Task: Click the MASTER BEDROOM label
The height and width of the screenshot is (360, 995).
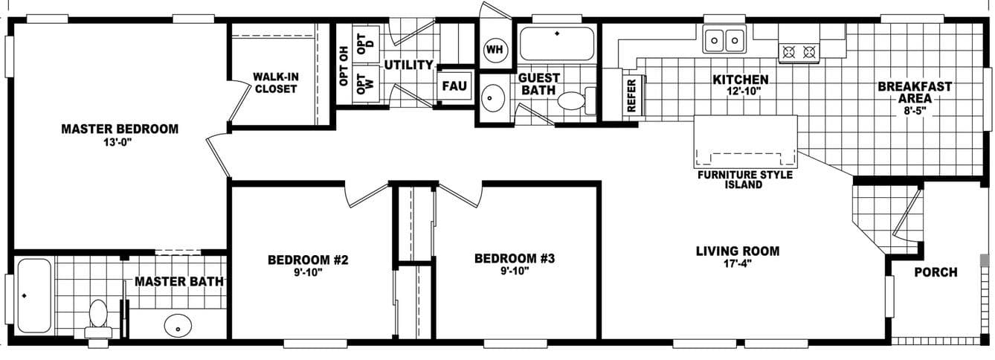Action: click(x=120, y=129)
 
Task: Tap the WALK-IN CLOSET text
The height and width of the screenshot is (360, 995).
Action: click(x=275, y=83)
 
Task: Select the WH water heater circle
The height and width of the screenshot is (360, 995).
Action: click(x=495, y=50)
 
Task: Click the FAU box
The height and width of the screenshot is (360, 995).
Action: click(x=454, y=86)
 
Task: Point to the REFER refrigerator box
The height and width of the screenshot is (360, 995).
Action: click(x=631, y=95)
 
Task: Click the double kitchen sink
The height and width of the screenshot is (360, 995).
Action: click(x=724, y=39)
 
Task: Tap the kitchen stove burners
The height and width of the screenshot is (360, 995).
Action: click(x=798, y=52)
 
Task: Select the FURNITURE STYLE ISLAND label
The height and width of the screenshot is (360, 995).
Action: click(x=744, y=179)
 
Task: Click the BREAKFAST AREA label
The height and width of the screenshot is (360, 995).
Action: click(x=915, y=92)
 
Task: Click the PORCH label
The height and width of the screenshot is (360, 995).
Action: click(x=936, y=272)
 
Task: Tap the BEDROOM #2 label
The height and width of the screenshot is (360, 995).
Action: click(x=308, y=260)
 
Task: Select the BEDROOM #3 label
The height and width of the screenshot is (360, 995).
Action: click(x=515, y=258)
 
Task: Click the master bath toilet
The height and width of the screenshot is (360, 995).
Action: click(x=99, y=318)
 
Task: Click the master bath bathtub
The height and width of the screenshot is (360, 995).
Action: click(x=33, y=295)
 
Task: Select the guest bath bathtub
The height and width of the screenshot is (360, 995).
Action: click(x=556, y=44)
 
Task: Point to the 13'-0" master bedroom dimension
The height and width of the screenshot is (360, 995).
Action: click(x=120, y=143)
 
